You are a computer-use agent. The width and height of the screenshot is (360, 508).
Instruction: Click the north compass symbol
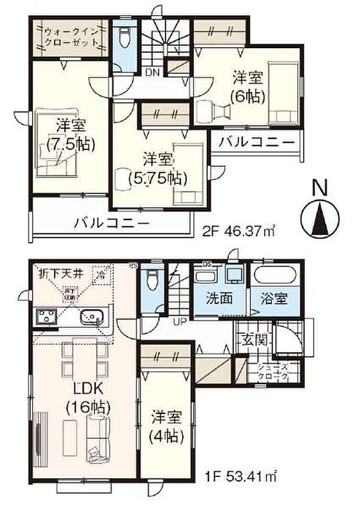(319, 218)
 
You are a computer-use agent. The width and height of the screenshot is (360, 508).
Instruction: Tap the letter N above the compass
(318, 189)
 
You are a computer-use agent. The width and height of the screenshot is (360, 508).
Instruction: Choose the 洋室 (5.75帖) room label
(159, 168)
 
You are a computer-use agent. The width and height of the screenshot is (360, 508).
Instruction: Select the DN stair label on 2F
(152, 72)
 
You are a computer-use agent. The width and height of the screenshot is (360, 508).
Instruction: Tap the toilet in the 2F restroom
(123, 38)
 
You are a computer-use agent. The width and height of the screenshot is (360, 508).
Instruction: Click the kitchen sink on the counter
(92, 316)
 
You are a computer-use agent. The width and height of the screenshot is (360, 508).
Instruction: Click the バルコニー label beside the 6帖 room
(256, 141)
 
